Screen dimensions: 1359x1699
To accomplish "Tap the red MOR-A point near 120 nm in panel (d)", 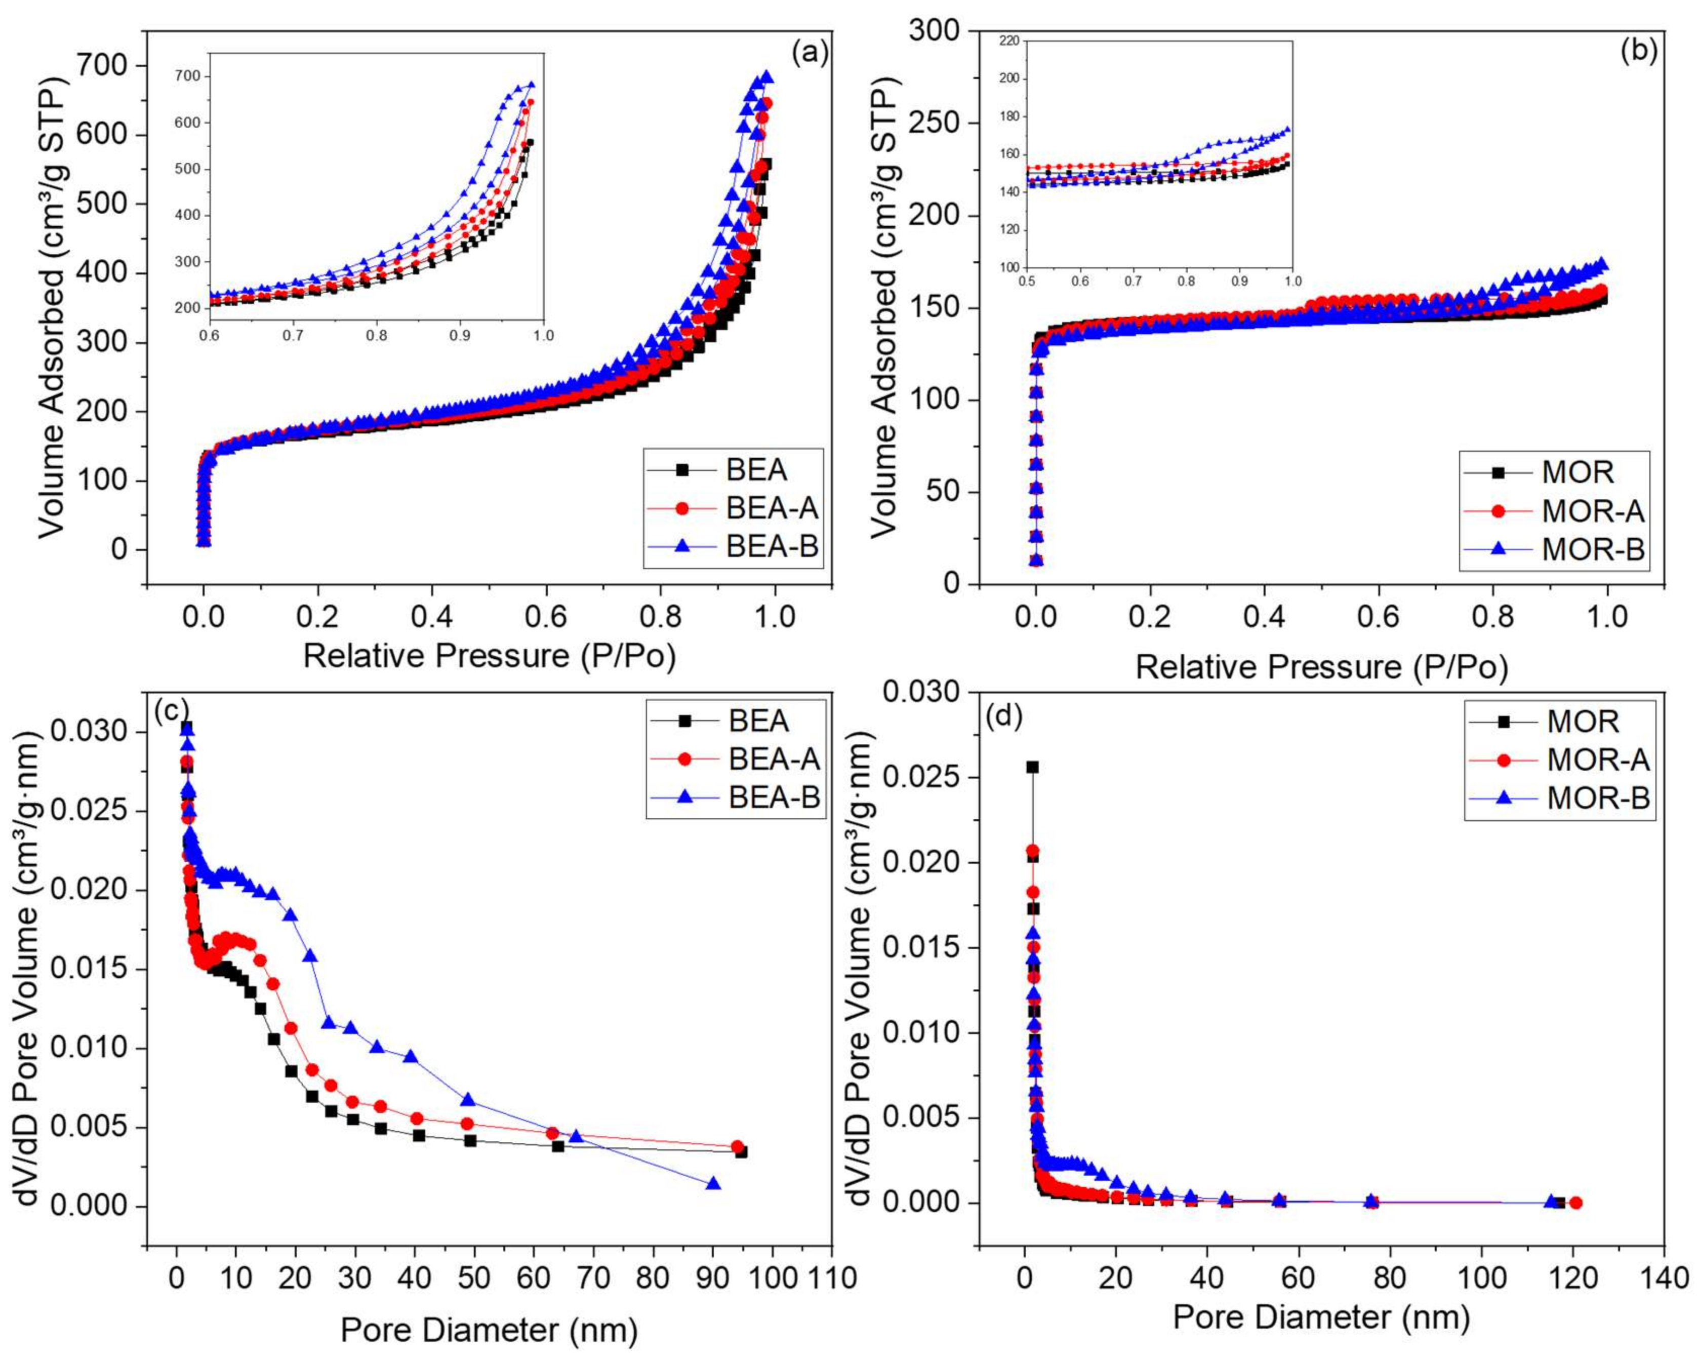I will tap(1576, 1203).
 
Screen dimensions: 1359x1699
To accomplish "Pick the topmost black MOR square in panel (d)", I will tap(1032, 767).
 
